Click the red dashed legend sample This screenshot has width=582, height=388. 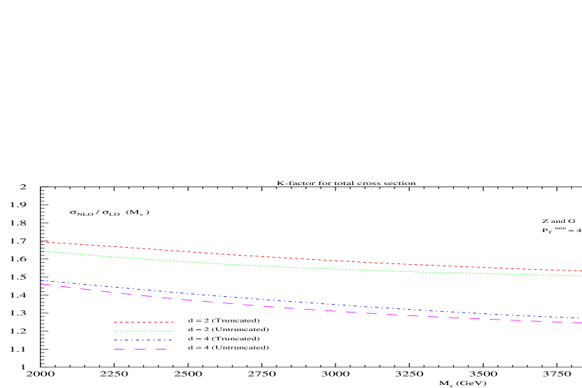tap(143, 323)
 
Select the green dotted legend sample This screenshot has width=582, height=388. tap(143, 331)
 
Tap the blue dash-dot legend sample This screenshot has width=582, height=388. tap(143, 340)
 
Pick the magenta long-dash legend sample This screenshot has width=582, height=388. tap(140, 350)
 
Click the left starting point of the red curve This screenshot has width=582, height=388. tap(41, 242)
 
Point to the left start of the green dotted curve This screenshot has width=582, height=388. tap(41, 251)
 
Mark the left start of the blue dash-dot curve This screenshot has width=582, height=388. tap(41, 280)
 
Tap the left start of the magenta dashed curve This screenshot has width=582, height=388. tap(41, 284)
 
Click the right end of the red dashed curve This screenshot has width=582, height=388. tap(581, 271)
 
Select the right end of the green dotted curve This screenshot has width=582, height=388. tap(581, 276)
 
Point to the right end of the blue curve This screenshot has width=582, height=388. tap(581, 318)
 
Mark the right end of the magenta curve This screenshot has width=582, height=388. tap(581, 323)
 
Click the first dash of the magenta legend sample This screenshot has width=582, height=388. tap(120, 350)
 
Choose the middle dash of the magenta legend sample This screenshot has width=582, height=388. tap(140, 350)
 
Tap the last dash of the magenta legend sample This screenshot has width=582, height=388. tap(160, 350)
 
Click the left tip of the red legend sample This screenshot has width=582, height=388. tap(115, 323)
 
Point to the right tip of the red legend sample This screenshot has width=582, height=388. tap(173, 323)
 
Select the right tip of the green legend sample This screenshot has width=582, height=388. tap(172, 331)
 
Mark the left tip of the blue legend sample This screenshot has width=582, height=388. tap(115, 340)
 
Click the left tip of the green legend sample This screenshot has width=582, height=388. tap(115, 331)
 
